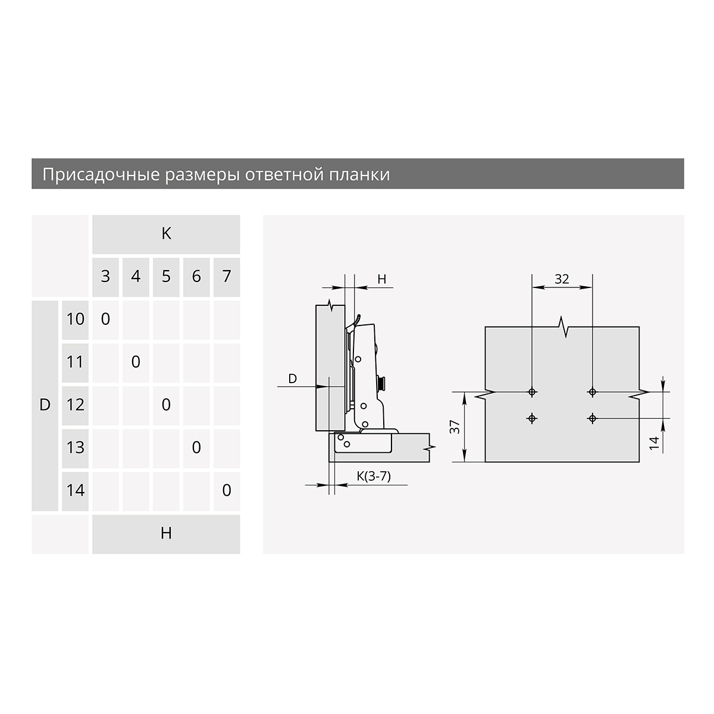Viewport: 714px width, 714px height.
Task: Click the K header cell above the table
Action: coord(166,234)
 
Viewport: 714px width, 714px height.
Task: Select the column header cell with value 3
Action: coord(105,277)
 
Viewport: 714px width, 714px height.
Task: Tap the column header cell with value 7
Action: coord(227,277)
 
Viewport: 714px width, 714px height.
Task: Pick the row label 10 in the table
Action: coord(75,320)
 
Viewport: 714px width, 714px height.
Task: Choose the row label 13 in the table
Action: coord(75,449)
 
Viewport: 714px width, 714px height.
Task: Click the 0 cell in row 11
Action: coord(136,362)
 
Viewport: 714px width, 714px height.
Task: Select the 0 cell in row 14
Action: coord(227,491)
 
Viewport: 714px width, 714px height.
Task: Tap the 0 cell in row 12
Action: coord(166,405)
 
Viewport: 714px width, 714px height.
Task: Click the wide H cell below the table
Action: coord(166,534)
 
